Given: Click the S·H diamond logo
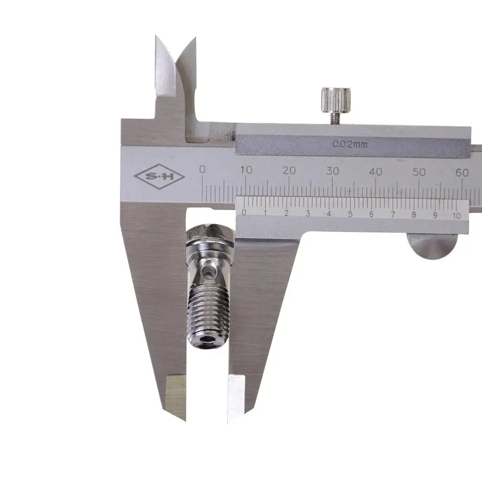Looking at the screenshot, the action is [x=159, y=176].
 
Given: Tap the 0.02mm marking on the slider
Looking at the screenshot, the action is [x=350, y=144].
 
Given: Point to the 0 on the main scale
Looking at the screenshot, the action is [x=202, y=169].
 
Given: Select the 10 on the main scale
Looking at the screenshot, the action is [x=246, y=170].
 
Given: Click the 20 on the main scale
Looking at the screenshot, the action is [x=289, y=170].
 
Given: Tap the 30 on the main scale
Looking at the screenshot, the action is [x=332, y=171].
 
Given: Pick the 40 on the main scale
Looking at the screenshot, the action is [x=375, y=172].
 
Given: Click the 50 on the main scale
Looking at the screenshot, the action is [x=419, y=172].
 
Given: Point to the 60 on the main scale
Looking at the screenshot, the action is [x=462, y=173].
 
